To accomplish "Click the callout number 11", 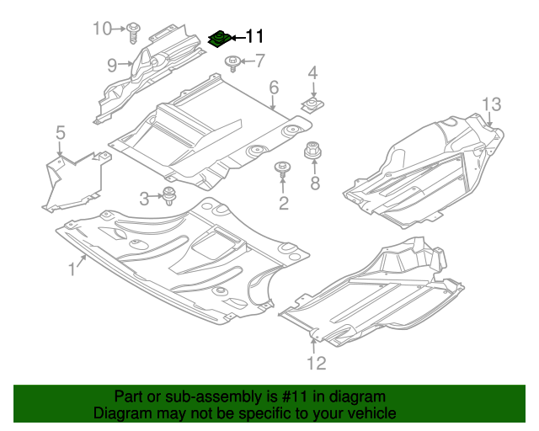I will [x=254, y=36].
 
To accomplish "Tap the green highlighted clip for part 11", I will [x=221, y=39].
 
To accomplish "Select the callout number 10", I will [x=102, y=29].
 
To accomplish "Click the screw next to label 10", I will [x=133, y=33].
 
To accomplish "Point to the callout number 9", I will [x=112, y=64].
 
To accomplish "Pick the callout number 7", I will [x=259, y=61].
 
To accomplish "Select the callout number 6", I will [x=274, y=88].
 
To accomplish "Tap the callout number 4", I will [x=312, y=74].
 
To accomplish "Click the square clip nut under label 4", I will [x=312, y=106].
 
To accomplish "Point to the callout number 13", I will [x=491, y=104].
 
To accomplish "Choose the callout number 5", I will [x=61, y=132].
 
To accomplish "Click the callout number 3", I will [x=145, y=199].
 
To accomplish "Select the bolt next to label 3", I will [x=169, y=197].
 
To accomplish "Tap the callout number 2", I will [x=284, y=202].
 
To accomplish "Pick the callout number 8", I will [x=315, y=184].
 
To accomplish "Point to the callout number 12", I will [x=315, y=364].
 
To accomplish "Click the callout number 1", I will [x=72, y=269].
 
